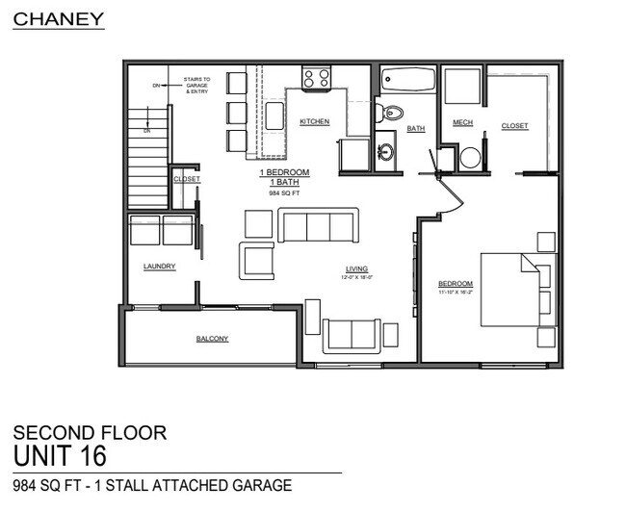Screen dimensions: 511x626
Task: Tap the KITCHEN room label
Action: tap(315, 122)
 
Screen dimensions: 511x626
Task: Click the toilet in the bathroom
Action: tap(389, 115)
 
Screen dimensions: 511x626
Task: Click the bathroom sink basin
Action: tap(385, 152)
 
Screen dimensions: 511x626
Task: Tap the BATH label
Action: tap(415, 128)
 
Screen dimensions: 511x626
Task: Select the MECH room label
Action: tap(462, 122)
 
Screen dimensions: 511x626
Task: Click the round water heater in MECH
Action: tap(470, 158)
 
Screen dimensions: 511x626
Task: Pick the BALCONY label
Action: tap(213, 339)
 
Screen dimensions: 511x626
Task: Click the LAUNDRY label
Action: tap(159, 267)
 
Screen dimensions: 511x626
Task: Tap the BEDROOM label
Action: tap(456, 283)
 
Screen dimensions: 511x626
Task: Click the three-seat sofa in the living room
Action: tap(317, 225)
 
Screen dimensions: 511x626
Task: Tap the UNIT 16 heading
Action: tap(60, 453)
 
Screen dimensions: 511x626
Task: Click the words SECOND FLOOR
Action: tap(90, 433)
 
